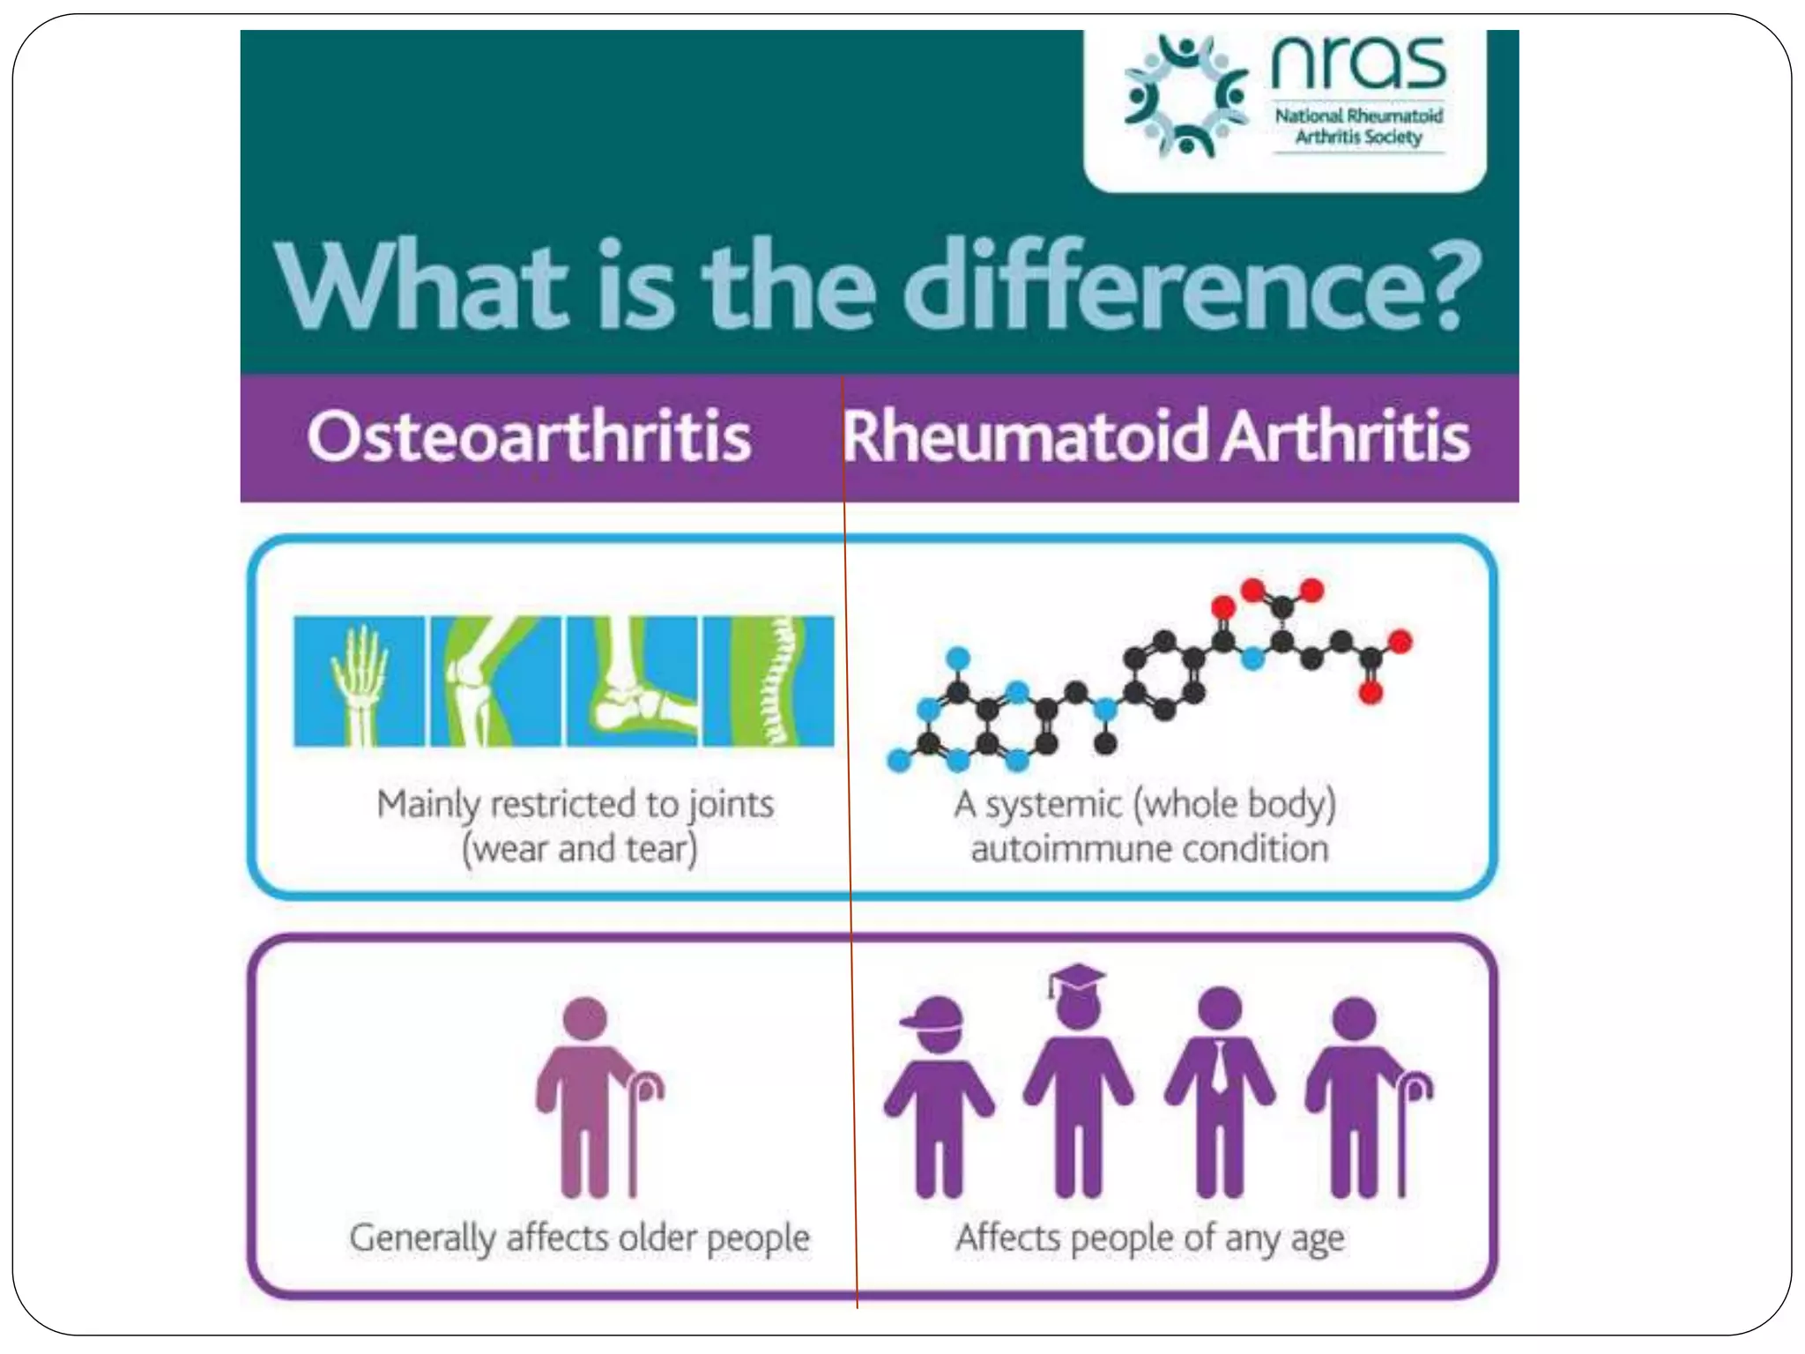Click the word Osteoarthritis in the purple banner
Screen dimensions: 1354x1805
tap(529, 437)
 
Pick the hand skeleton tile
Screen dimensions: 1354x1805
tap(359, 681)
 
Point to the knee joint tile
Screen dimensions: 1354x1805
tap(494, 681)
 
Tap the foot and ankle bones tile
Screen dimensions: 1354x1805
tap(631, 681)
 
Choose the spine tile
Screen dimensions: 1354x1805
tap(769, 681)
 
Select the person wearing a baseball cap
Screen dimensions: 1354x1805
tap(938, 1097)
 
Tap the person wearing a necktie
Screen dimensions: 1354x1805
tap(1219, 1093)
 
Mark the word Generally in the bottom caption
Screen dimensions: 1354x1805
tap(421, 1239)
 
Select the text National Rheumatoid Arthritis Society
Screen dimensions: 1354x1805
tap(1358, 127)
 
